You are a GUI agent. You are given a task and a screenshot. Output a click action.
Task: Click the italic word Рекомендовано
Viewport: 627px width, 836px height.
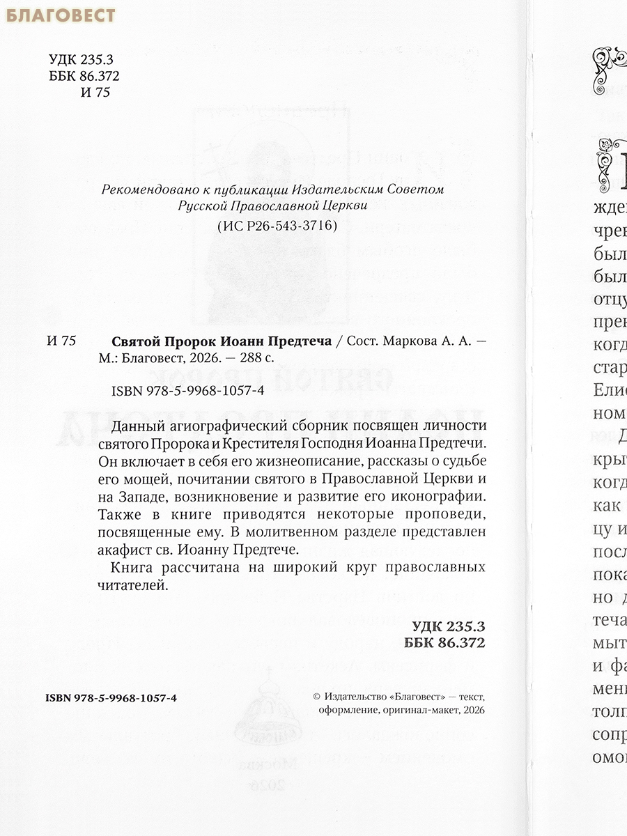tap(143, 189)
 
